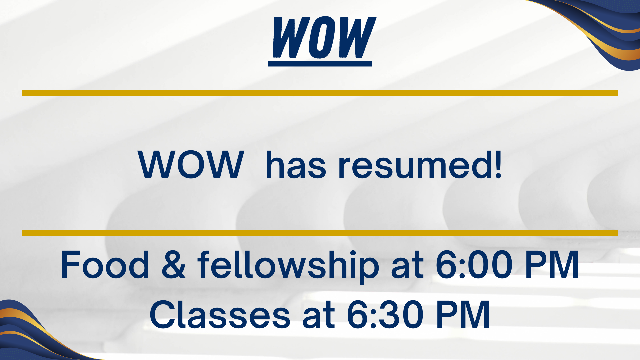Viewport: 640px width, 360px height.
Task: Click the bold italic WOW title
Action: tap(324, 37)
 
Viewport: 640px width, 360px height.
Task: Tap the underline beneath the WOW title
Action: tap(320, 64)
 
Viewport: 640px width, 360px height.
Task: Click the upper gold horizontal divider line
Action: tap(320, 93)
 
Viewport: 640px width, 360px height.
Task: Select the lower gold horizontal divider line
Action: tap(320, 233)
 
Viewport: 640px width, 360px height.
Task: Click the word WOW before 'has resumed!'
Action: tap(191, 165)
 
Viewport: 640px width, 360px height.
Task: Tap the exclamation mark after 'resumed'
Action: tap(498, 164)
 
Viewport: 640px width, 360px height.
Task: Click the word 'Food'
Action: tap(105, 264)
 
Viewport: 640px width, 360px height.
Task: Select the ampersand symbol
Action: tap(174, 265)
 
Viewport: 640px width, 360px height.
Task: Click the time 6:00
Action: tap(474, 265)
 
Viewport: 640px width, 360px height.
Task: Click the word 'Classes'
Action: tap(220, 314)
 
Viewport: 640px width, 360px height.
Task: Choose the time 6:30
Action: tap(385, 314)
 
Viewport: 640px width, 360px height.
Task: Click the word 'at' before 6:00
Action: tap(407, 266)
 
